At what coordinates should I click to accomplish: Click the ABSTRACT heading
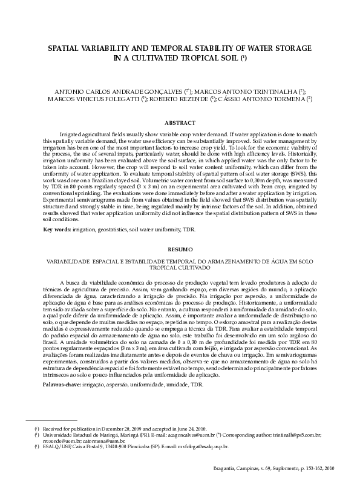point(180,122)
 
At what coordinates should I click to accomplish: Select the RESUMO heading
point(180,249)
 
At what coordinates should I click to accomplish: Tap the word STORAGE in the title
point(292,47)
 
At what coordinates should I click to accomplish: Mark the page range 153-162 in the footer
point(304,469)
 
